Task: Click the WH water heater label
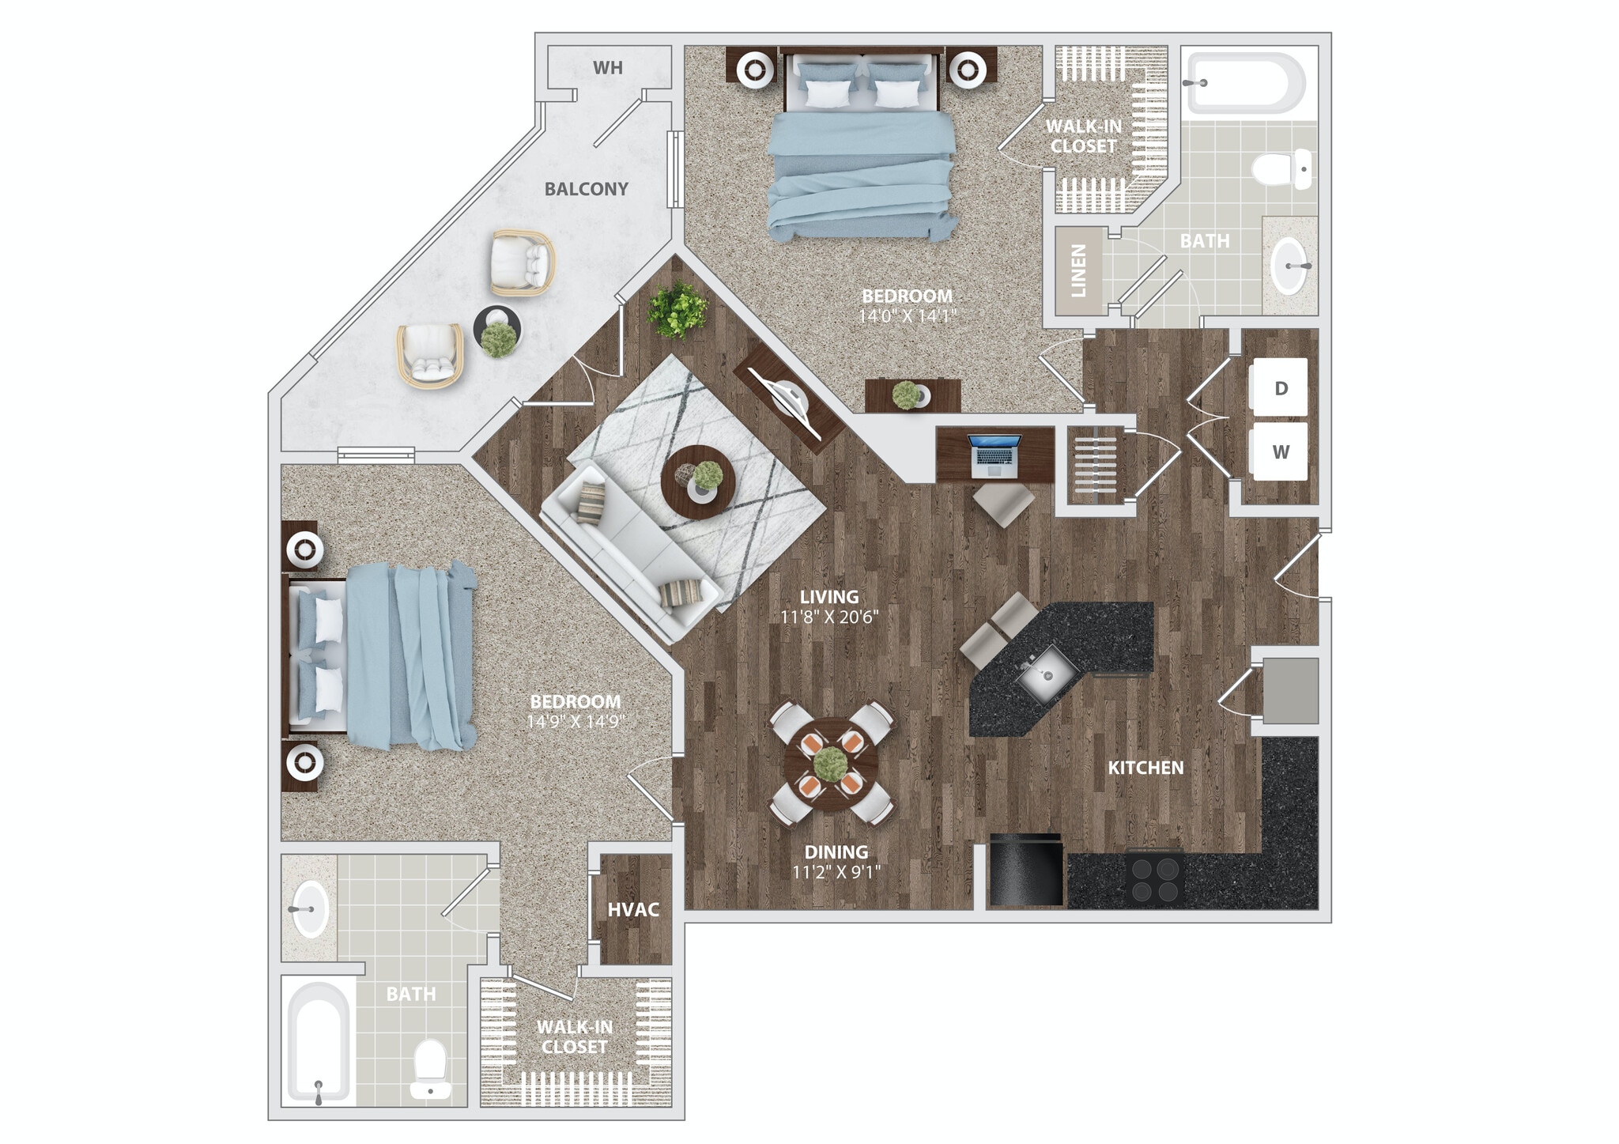tap(608, 68)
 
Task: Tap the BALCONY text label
tap(586, 189)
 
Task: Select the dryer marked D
tap(1280, 387)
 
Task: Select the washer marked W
tap(1280, 452)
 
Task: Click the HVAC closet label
tap(633, 909)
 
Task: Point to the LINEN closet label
tap(1078, 270)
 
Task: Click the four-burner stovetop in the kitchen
tap(1156, 879)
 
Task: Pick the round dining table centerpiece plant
tap(830, 764)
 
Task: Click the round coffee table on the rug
tap(698, 481)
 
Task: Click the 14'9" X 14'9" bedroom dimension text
tap(576, 722)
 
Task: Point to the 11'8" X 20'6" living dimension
tap(828, 617)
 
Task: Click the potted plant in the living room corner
tap(677, 309)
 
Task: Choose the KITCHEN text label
tap(1145, 768)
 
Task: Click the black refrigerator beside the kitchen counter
tap(1025, 872)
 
